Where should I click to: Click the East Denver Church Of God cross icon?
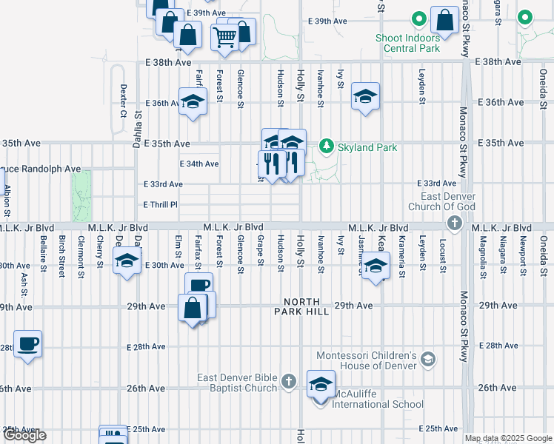455,223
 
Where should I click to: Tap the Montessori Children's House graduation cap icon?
427,360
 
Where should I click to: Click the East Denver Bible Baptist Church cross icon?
289,383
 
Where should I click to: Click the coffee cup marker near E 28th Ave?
28,344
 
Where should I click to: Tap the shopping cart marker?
224,36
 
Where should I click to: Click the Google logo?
24,435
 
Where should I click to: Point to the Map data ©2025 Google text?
508,438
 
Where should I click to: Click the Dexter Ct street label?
124,101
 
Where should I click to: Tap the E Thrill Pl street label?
161,204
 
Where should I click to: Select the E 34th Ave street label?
200,164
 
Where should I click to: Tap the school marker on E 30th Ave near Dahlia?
127,261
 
